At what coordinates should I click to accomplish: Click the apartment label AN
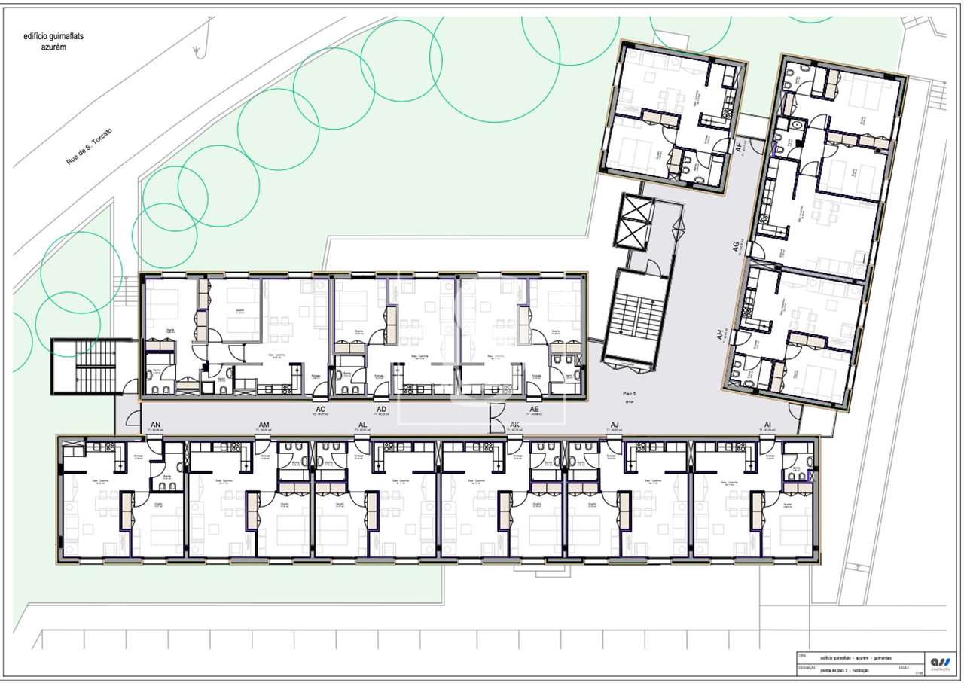156,425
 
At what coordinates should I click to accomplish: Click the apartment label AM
264,425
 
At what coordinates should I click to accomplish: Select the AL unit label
364,425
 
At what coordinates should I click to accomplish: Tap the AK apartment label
515,425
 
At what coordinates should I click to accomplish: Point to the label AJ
615,425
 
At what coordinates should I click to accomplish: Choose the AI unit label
767,425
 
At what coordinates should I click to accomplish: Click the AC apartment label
320,410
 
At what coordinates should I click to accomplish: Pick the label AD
382,410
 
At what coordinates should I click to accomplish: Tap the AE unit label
535,410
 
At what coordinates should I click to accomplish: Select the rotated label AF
739,147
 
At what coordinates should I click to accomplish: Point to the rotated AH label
720,335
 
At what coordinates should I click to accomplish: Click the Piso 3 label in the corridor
630,393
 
